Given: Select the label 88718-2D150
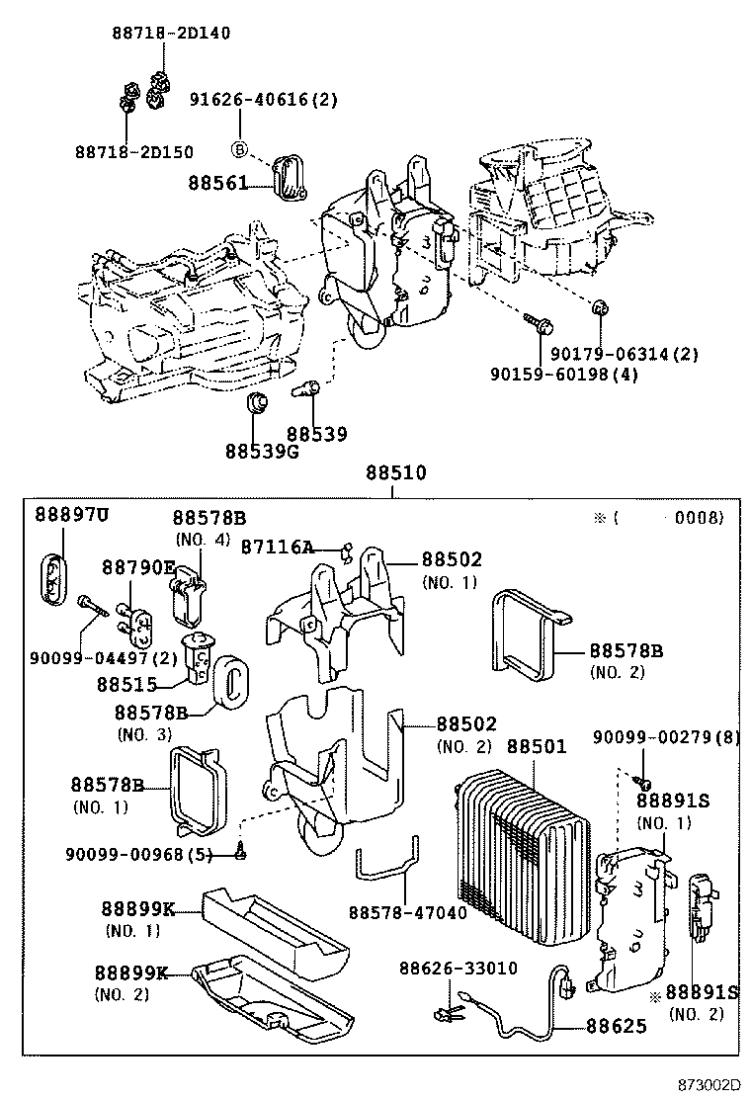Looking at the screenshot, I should point(134,151).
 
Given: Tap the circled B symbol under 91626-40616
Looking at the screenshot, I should point(238,149).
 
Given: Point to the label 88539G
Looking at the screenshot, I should point(261,451).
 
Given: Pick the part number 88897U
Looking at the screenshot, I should point(72,515).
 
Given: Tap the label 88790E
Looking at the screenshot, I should point(138,566).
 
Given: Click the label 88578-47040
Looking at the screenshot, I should point(407,912).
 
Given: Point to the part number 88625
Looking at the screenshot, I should point(614,1026).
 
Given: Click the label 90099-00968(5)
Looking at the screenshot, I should point(139,854).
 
